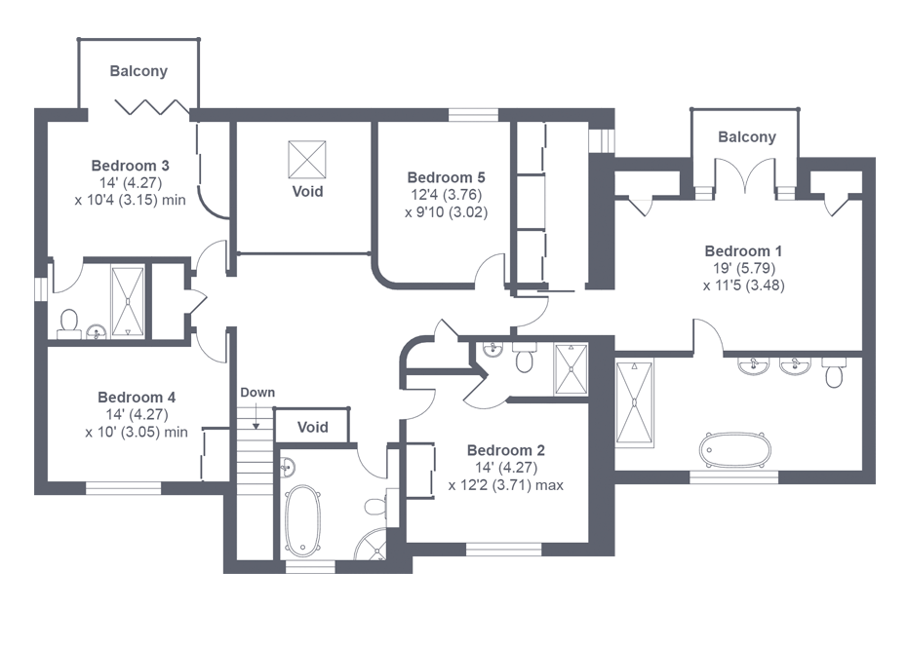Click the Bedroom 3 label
(x=130, y=166)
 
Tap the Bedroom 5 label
(x=446, y=177)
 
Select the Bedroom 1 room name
(x=743, y=251)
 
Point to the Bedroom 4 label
(x=137, y=398)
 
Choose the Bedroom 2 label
(x=506, y=450)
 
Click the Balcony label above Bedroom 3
(x=138, y=71)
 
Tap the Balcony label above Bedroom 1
(x=747, y=137)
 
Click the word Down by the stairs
(x=257, y=393)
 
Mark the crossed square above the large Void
(x=307, y=160)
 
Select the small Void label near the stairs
(x=313, y=427)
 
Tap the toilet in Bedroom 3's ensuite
(x=69, y=323)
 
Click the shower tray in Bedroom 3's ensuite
(x=127, y=301)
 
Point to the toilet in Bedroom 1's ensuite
(x=834, y=372)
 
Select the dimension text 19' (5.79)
(x=744, y=268)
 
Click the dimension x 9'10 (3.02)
(x=446, y=212)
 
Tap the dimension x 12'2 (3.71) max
(x=506, y=485)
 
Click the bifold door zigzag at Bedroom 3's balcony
(x=151, y=107)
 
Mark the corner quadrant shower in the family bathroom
(x=371, y=545)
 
